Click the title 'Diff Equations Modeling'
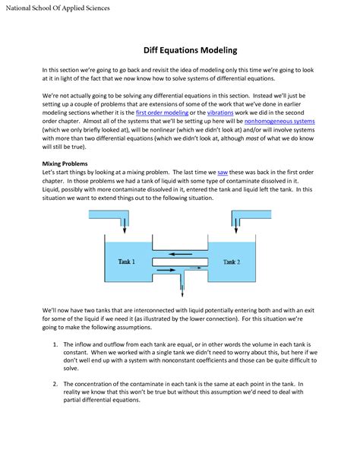click(190, 50)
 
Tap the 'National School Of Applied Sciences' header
click(58, 8)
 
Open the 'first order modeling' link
click(162, 113)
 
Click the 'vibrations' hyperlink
click(220, 113)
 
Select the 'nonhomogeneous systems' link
click(279, 122)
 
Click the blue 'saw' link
click(223, 173)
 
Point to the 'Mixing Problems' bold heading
click(65, 163)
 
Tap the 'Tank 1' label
click(127, 262)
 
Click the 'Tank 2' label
click(232, 262)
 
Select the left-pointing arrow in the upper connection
click(180, 254)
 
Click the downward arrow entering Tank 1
click(125, 226)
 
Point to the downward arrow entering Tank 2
click(236, 226)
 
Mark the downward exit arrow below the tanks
click(182, 290)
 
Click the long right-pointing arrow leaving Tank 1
click(166, 270)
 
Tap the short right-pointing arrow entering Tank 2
click(195, 268)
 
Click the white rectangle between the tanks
click(180, 262)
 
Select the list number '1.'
click(55, 344)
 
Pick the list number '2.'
click(55, 384)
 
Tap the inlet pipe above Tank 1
click(109, 214)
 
